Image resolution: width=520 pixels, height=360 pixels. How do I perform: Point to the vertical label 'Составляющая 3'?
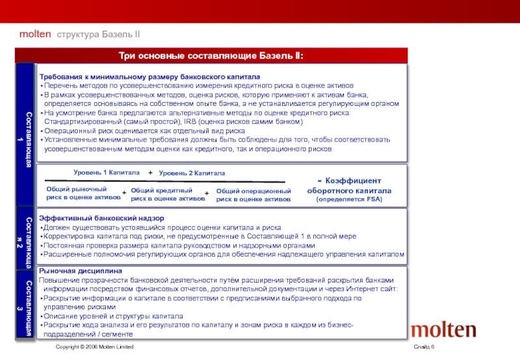point(25,305)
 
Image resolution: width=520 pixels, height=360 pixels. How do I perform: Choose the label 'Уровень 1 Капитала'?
point(106,173)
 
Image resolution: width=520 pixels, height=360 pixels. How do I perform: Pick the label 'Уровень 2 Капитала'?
point(192,174)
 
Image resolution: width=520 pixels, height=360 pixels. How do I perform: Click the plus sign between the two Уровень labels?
point(150,173)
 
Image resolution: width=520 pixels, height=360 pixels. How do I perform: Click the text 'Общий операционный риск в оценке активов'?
point(253,195)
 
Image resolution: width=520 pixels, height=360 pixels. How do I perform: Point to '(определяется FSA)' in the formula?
point(349,199)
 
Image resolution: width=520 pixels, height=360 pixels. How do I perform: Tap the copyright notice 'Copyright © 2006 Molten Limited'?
point(94,348)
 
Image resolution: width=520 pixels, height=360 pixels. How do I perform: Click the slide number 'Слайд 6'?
point(423,348)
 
